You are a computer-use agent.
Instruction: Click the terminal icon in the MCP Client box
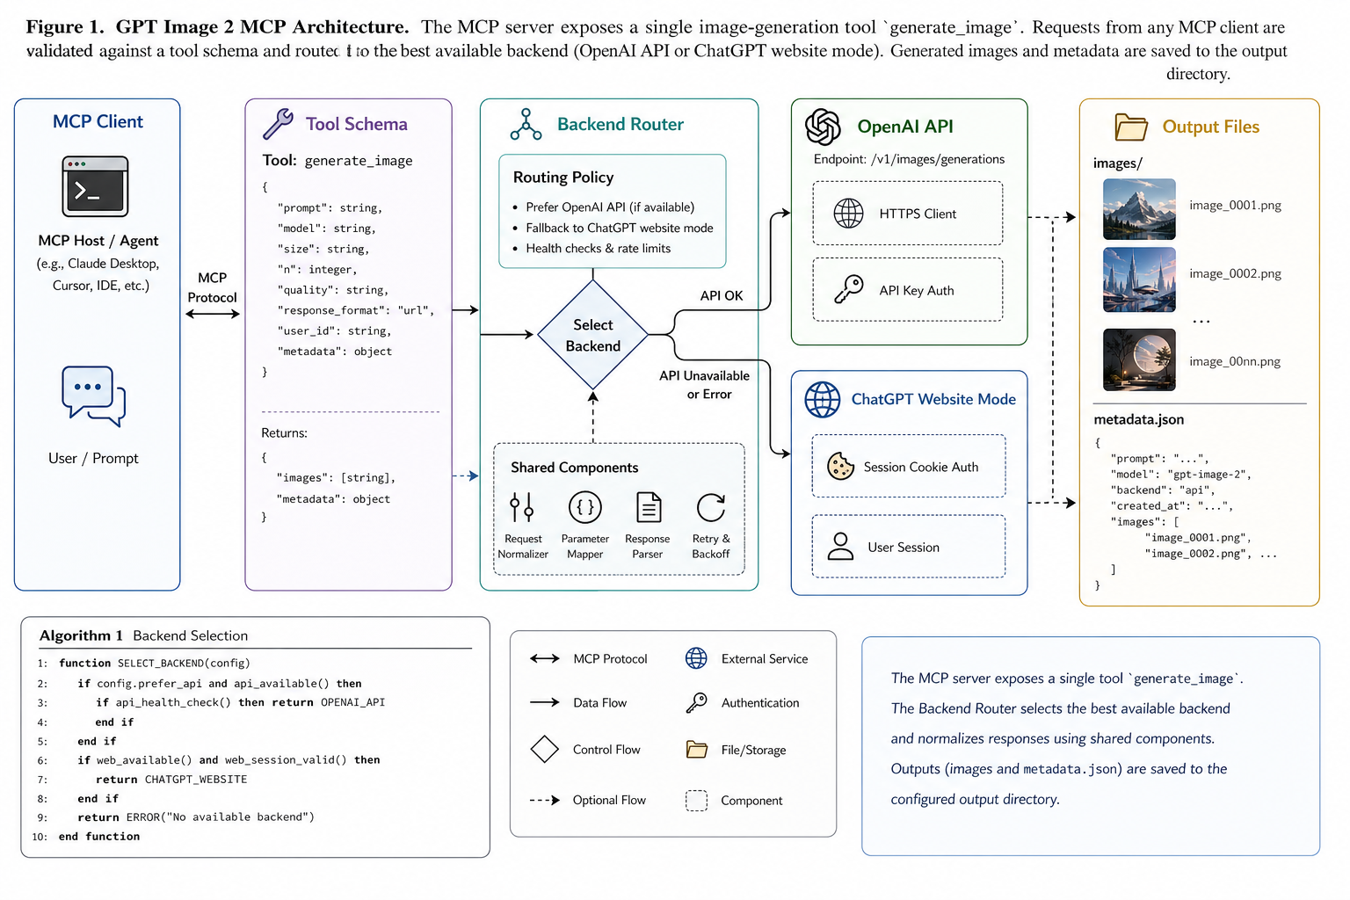pyautogui.click(x=95, y=186)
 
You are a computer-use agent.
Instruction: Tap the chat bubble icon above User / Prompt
pyautogui.click(x=93, y=396)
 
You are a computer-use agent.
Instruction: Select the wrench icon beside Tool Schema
pyautogui.click(x=278, y=124)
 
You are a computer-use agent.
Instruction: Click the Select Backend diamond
pyautogui.click(x=592, y=335)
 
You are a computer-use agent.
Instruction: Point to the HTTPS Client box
pyautogui.click(x=908, y=214)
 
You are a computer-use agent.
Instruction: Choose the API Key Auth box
pyautogui.click(x=908, y=290)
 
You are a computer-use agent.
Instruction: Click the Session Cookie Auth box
pyautogui.click(x=908, y=466)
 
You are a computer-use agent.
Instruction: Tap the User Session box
pyautogui.click(x=908, y=546)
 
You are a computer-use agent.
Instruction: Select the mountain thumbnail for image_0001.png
pyautogui.click(x=1139, y=208)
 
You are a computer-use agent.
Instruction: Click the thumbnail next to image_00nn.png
pyautogui.click(x=1139, y=359)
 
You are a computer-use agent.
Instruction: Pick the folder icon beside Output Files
pyautogui.click(x=1130, y=127)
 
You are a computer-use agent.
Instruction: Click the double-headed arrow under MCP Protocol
pyautogui.click(x=212, y=314)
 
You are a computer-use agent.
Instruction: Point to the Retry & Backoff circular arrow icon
pyautogui.click(x=711, y=508)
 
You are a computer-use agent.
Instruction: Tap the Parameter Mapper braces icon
pyautogui.click(x=584, y=508)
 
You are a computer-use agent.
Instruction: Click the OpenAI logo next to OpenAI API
pyautogui.click(x=823, y=127)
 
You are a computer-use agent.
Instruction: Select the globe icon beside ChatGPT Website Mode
pyautogui.click(x=822, y=400)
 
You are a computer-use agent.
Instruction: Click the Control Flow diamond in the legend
pyautogui.click(x=544, y=750)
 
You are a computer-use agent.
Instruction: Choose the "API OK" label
pyautogui.click(x=722, y=295)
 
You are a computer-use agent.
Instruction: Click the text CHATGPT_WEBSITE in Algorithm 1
pyautogui.click(x=196, y=779)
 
